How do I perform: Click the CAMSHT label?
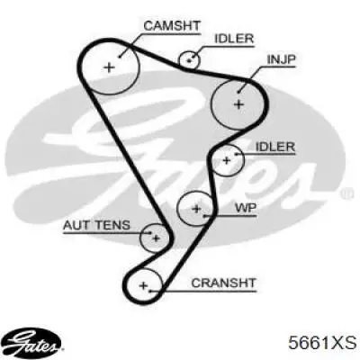tap(172, 26)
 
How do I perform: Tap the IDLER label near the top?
tap(234, 39)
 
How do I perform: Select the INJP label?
tap(281, 59)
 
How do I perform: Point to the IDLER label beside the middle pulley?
tap(275, 147)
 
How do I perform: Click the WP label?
tap(245, 208)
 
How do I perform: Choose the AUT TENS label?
tap(96, 225)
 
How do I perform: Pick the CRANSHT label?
tap(223, 283)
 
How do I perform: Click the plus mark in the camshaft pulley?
tap(109, 67)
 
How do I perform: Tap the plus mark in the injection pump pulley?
tap(238, 104)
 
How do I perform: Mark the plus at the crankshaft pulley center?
tap(143, 285)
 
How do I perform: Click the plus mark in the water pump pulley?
tap(196, 208)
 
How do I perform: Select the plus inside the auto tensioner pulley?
tap(156, 238)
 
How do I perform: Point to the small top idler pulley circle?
tap(189, 60)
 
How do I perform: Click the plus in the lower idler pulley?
tap(227, 160)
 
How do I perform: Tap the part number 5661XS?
tap(322, 343)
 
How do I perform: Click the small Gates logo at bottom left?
tap(33, 341)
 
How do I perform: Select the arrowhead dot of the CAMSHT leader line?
tap(120, 56)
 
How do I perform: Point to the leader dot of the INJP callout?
tap(238, 92)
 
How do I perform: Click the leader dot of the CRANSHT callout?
tap(150, 291)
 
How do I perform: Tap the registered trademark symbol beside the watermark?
tap(345, 193)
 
